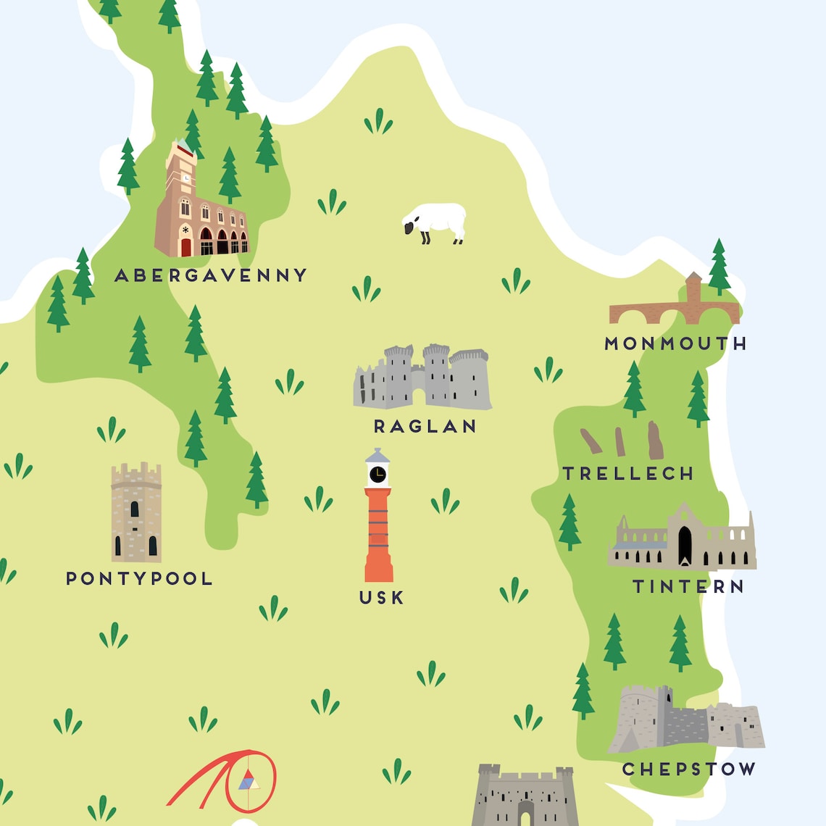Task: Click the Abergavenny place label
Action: pos(211,275)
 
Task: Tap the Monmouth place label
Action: pos(675,343)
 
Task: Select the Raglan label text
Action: pos(425,427)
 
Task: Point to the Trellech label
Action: pos(628,474)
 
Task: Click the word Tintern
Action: pos(688,586)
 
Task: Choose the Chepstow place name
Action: pos(688,769)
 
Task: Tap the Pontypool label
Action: pos(139,578)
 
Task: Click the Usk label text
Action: pos(382,598)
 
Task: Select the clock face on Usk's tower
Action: pos(377,475)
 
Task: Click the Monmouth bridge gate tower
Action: pos(693,290)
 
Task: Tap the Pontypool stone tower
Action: pos(136,512)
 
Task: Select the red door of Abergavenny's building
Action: pos(186,247)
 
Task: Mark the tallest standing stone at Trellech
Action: pos(654,440)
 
